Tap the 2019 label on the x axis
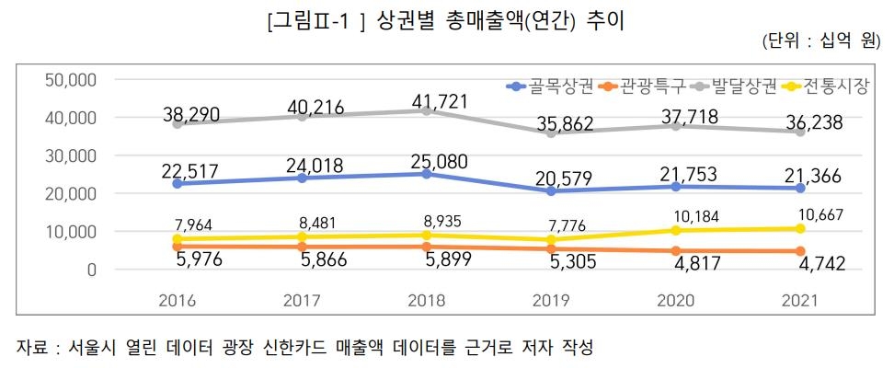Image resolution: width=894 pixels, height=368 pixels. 552,301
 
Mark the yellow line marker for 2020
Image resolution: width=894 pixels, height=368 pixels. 677,230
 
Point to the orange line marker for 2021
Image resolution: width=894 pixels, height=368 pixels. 801,251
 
